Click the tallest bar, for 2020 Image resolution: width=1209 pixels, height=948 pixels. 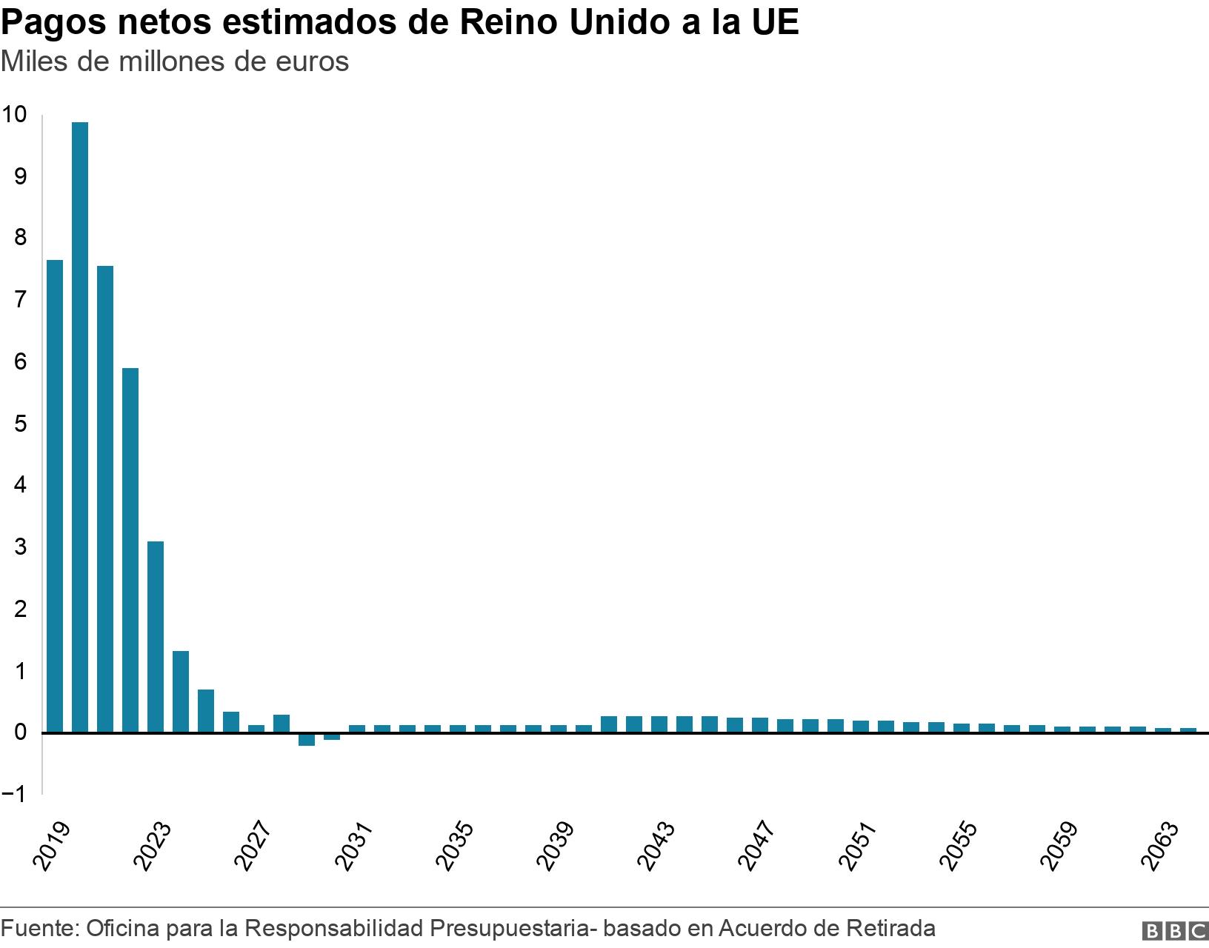pyautogui.click(x=80, y=427)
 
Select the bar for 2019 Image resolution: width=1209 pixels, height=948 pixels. pyautogui.click(x=55, y=496)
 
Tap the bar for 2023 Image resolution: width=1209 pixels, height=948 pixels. pyautogui.click(x=156, y=637)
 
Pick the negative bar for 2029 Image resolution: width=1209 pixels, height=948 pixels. pyautogui.click(x=307, y=739)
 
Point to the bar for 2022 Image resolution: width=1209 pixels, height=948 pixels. pyautogui.click(x=130, y=550)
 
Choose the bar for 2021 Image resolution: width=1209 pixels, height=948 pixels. pyautogui.click(x=105, y=499)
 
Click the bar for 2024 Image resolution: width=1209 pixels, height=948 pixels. pyautogui.click(x=181, y=692)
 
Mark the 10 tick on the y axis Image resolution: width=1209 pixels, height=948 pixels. pyautogui.click(x=15, y=114)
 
